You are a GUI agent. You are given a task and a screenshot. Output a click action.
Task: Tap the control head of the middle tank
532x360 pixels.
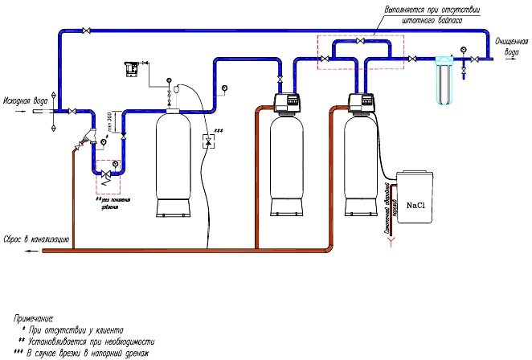[287, 102]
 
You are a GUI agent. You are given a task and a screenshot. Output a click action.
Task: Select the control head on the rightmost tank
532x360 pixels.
[363, 102]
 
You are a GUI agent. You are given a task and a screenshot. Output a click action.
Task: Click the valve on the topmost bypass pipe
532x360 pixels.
[85, 31]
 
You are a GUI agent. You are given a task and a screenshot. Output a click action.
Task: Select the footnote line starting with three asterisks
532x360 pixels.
[88, 352]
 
